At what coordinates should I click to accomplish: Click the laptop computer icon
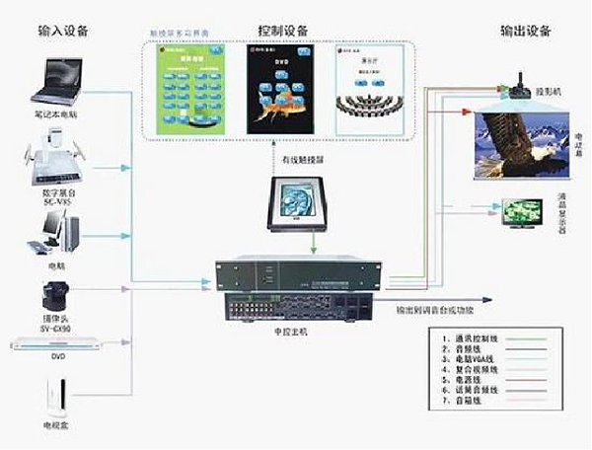[58, 80]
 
